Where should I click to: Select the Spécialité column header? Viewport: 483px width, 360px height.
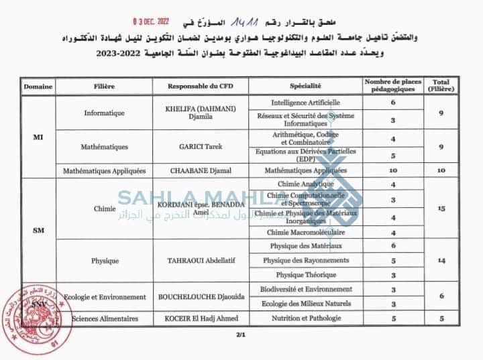(305, 86)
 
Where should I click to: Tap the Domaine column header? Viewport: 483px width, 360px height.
(38, 86)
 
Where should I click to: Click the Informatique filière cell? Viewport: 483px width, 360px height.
(104, 113)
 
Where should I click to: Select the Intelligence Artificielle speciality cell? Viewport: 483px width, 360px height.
(305, 103)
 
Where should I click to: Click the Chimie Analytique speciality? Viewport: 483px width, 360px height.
(305, 184)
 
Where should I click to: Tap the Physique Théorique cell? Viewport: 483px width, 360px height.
(305, 275)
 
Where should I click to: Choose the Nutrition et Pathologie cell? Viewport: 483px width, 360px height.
(305, 318)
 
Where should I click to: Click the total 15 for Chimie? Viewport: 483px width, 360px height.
(441, 208)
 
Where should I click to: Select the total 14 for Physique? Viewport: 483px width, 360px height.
(441, 259)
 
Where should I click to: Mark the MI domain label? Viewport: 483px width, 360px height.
(38, 137)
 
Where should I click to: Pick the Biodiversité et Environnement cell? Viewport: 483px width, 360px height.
(305, 290)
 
